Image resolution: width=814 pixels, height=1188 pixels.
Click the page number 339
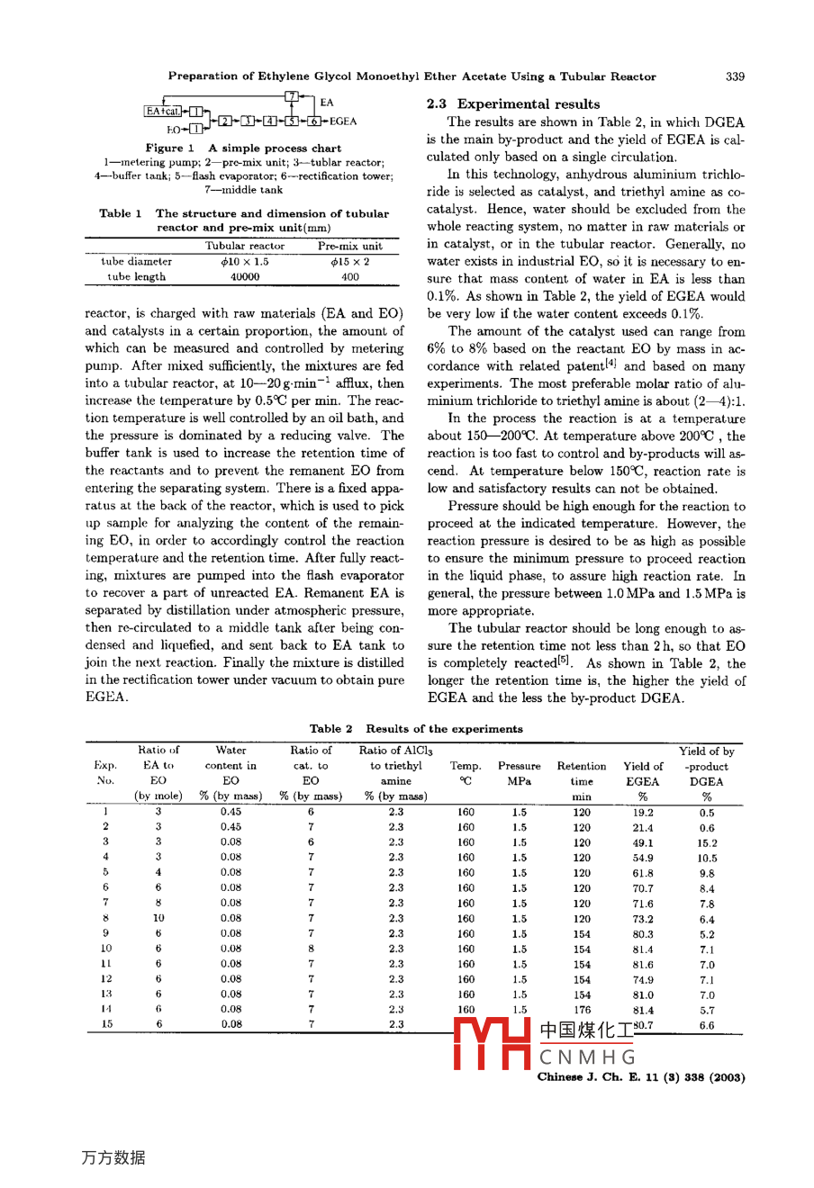tap(734, 76)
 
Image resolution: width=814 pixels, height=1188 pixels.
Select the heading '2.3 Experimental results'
tap(513, 104)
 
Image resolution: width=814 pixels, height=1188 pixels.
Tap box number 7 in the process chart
tap(291, 96)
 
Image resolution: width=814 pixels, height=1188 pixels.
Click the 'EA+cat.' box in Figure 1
tap(163, 112)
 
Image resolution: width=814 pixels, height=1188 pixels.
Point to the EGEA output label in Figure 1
tap(342, 121)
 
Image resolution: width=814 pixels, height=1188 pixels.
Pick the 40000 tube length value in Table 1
tap(244, 277)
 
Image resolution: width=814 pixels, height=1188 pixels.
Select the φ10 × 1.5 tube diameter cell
tap(244, 262)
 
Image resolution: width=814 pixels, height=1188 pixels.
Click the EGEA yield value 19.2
tap(642, 812)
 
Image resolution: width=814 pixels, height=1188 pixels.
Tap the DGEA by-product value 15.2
tap(707, 843)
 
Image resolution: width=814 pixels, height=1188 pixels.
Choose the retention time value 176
tap(582, 1010)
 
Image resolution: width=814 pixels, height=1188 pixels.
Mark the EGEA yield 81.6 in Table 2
tap(642, 965)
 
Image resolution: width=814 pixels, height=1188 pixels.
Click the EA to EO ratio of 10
tap(158, 919)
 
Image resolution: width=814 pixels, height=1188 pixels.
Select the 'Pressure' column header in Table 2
tap(519, 767)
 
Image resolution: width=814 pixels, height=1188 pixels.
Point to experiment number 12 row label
tap(106, 979)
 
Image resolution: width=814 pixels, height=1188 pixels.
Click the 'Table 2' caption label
tap(330, 729)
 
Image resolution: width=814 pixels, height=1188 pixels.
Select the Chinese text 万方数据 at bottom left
tap(113, 1157)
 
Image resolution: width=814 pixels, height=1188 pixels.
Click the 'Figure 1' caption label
tap(170, 148)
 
